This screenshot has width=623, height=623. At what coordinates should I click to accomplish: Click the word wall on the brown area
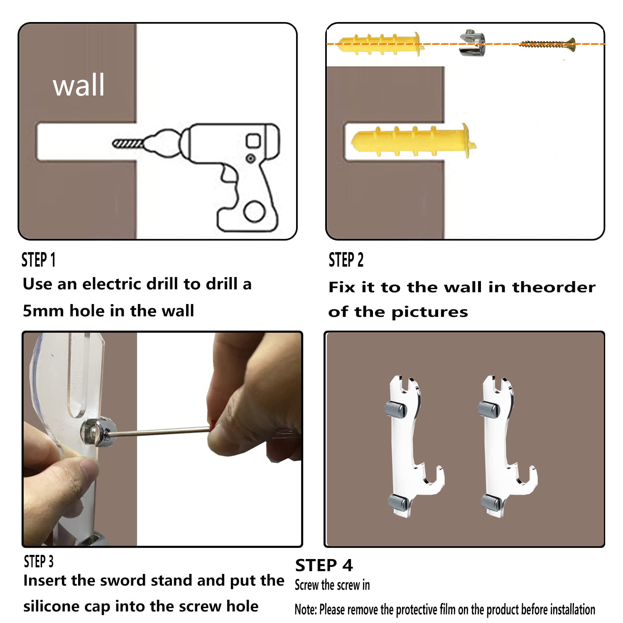click(78, 85)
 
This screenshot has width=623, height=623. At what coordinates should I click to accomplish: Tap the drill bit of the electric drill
click(128, 144)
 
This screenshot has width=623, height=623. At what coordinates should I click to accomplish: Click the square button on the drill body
click(253, 140)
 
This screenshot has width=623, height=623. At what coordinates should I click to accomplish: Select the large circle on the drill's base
click(254, 211)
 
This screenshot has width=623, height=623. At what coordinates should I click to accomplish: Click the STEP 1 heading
click(39, 260)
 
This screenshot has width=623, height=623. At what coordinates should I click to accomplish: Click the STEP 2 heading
click(346, 260)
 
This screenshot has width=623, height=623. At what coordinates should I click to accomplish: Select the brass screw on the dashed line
click(547, 44)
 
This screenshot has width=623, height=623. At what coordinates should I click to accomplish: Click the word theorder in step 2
click(554, 287)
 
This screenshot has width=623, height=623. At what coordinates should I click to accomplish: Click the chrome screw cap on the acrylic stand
click(98, 432)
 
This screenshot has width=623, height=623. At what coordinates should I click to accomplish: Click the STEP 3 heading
click(39, 562)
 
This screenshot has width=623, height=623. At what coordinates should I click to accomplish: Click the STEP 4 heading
click(324, 565)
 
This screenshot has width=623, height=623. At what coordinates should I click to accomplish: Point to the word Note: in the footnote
click(306, 609)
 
